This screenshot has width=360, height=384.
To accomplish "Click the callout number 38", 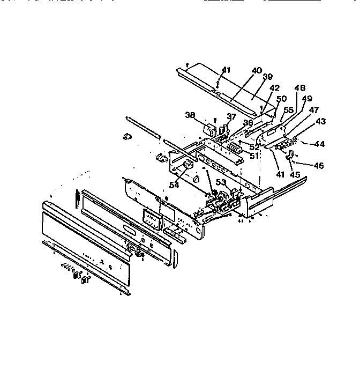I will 189,115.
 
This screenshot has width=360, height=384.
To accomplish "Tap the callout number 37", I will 231,117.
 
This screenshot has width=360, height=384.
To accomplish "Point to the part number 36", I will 248,123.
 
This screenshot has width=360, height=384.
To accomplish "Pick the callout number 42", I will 274,87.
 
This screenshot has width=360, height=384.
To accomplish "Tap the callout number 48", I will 300,87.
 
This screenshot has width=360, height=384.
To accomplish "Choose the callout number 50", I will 281,99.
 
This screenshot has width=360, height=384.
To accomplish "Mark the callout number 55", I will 288,109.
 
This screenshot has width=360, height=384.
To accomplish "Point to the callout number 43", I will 321,121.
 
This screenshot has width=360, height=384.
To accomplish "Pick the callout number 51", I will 254,156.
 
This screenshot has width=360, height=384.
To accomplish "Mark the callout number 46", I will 319,166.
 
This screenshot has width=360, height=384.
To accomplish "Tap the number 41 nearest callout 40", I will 227,70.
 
